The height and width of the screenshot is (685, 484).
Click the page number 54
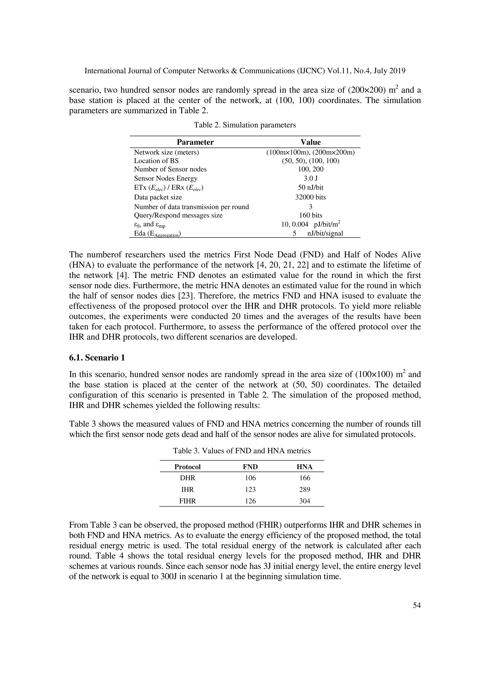coord(417,605)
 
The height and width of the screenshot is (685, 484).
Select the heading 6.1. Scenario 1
coord(97,357)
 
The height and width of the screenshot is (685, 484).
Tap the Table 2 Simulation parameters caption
coord(245,125)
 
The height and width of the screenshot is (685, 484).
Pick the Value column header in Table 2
coord(311,142)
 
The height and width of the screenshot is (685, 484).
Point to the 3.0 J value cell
coord(311,178)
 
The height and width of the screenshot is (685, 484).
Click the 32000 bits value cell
coord(311,197)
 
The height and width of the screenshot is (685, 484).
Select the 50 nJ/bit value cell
coord(311,188)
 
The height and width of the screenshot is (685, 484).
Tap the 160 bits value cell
coord(311,215)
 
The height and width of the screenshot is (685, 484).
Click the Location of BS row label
coord(156,161)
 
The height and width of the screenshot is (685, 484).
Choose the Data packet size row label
coord(158,197)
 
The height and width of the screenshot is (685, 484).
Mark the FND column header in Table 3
coord(250,467)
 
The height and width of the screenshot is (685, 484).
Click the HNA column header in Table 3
coord(304,467)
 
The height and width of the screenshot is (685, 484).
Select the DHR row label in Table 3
coord(188,478)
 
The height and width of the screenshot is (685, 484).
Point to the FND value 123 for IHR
coord(250,490)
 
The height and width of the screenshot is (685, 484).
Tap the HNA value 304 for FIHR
coord(304,501)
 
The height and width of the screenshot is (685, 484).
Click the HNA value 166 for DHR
coord(304,478)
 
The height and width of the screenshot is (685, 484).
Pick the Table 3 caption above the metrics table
coord(242,451)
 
